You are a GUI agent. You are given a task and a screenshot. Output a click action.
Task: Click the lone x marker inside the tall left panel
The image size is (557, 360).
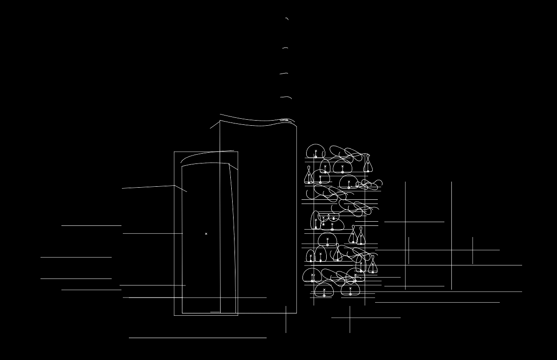(206, 234)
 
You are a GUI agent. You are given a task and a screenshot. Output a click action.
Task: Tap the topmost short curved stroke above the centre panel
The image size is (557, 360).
(287, 19)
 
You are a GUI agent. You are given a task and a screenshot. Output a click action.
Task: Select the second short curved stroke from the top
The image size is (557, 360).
(285, 48)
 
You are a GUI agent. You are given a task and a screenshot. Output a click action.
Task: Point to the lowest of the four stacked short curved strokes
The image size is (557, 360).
(286, 97)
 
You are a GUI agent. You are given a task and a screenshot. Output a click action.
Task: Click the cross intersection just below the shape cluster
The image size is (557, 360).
(350, 318)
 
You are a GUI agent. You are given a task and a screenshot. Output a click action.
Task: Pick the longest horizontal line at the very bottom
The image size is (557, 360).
(198, 338)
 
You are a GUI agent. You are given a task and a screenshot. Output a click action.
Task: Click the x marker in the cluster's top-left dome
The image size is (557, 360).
(316, 151)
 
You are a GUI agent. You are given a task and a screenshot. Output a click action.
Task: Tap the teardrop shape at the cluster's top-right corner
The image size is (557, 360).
(368, 163)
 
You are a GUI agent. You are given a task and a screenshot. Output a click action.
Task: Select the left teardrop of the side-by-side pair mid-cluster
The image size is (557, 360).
(353, 235)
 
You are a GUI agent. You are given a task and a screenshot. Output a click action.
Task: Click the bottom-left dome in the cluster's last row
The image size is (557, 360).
(324, 291)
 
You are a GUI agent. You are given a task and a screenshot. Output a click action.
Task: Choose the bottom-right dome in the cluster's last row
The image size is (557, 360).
(350, 290)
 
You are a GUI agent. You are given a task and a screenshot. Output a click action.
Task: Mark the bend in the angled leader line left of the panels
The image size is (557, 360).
(174, 186)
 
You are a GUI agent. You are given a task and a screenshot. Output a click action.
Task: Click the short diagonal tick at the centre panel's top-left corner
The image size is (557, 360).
(215, 125)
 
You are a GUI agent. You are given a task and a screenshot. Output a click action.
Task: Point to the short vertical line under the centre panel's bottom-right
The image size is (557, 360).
(286, 319)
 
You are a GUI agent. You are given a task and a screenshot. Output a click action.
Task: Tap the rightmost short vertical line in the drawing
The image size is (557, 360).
(473, 251)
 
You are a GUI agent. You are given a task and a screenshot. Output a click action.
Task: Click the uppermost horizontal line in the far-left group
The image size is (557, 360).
(91, 225)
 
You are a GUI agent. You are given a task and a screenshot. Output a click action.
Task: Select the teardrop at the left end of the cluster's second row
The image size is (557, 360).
(309, 176)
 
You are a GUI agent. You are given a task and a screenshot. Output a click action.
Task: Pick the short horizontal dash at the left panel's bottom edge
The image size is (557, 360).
(215, 312)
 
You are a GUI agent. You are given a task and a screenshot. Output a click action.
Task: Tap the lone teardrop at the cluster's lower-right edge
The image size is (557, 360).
(373, 265)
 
